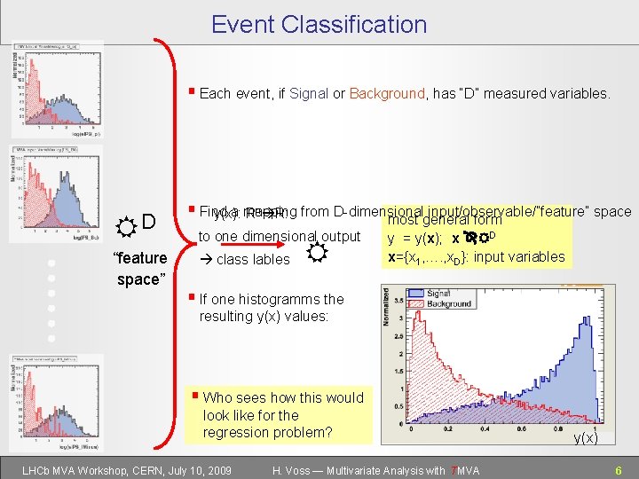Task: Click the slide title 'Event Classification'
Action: pyautogui.click(x=319, y=24)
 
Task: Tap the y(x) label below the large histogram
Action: pyautogui.click(x=585, y=438)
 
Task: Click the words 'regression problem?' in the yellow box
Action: pyautogui.click(x=267, y=432)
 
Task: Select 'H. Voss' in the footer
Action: pyautogui.click(x=295, y=470)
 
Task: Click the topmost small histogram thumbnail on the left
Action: pyautogui.click(x=58, y=89)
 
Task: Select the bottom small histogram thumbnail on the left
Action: pyautogui.click(x=58, y=400)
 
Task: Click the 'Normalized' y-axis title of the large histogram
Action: pyautogui.click(x=386, y=314)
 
